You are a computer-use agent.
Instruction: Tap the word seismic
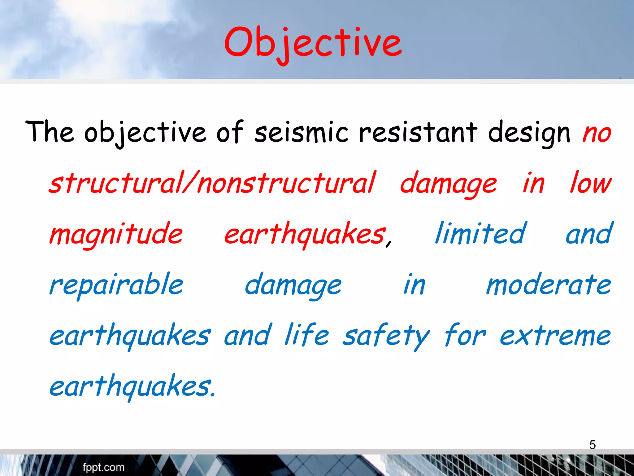(x=301, y=133)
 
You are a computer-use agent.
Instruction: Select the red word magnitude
(x=116, y=234)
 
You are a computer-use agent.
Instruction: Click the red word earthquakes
(x=305, y=234)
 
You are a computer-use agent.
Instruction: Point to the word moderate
(x=548, y=284)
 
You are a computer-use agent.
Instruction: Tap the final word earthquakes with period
(x=132, y=386)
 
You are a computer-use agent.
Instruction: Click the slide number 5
(x=592, y=445)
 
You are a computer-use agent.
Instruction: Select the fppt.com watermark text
(x=103, y=467)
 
